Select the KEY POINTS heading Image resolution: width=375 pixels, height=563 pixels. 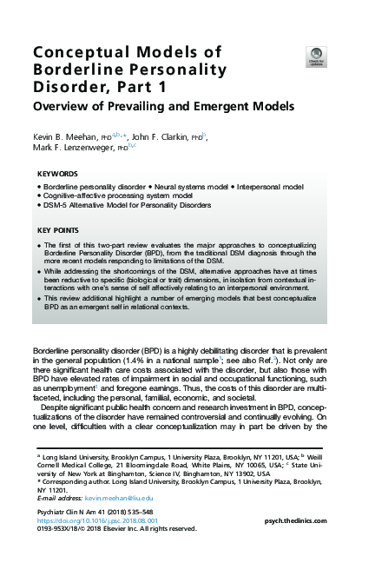(x=61, y=229)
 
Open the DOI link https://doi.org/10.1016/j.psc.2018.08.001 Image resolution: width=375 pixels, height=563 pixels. (x=96, y=520)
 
